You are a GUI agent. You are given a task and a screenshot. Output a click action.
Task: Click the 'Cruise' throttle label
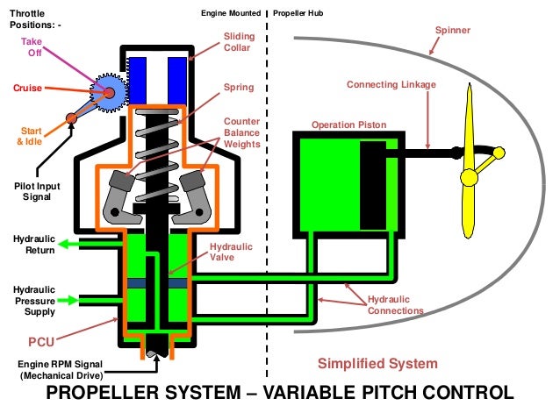point(28,89)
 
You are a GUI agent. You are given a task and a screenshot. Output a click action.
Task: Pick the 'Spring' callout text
point(239,88)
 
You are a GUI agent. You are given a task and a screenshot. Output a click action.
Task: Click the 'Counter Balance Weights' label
point(241,132)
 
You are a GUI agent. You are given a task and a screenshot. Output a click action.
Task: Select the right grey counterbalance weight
point(195,195)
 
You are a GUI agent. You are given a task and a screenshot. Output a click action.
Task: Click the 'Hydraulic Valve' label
point(230,253)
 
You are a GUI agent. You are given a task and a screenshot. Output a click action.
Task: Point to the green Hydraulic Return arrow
point(75,249)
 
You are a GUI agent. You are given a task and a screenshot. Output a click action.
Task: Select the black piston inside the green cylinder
point(372,189)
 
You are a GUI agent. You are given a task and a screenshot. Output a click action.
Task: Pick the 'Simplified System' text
point(377,363)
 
